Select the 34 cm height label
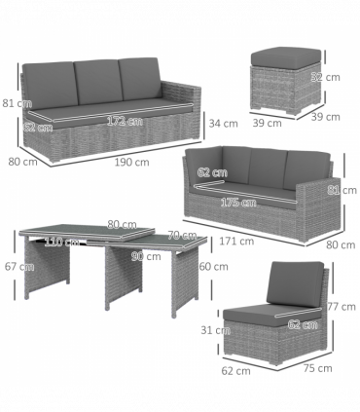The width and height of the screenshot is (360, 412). coord(223,124)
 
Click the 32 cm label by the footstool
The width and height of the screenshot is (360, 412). coord(332,77)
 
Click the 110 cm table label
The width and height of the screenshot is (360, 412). coord(62,242)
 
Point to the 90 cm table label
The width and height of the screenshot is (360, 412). coord(146,257)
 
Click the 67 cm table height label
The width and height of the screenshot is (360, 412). coord(12,266)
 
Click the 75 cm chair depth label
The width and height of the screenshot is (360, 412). coord(317,368)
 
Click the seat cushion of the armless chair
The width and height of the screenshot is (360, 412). coord(277,314)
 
